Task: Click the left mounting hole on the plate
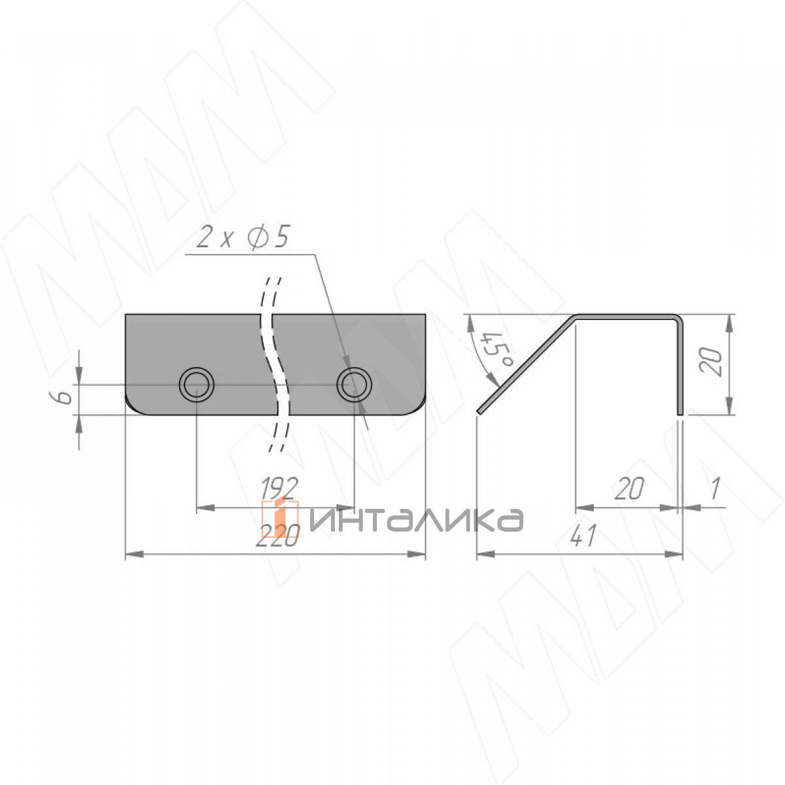tap(197, 385)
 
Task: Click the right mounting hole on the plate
tap(354, 385)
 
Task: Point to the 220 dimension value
tap(278, 535)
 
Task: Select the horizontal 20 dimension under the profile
tap(630, 489)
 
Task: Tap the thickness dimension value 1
tap(715, 489)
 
